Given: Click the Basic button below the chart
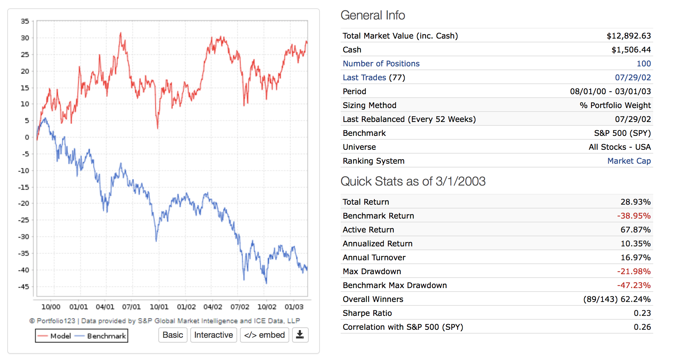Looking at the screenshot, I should [173, 335].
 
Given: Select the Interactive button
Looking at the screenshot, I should [214, 335].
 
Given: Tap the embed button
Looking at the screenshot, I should [264, 335].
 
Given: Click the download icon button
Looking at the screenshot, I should [300, 335].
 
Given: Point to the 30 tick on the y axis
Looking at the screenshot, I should [25, 38].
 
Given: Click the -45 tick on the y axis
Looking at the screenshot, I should [24, 287].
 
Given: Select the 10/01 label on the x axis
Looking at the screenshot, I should [159, 307].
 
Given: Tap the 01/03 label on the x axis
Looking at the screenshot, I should [294, 307].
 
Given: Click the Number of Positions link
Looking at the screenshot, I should [381, 64].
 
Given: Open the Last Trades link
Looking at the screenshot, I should [364, 77].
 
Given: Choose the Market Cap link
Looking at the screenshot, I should [629, 161].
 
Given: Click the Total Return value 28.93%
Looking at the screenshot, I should [635, 202].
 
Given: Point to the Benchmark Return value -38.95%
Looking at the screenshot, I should [634, 216].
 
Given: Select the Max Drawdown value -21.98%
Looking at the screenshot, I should [634, 271].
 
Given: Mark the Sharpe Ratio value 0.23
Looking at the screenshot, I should [642, 313].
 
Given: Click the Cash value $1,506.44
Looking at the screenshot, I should [631, 50].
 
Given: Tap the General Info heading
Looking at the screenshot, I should [373, 15].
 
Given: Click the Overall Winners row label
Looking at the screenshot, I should [373, 299].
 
